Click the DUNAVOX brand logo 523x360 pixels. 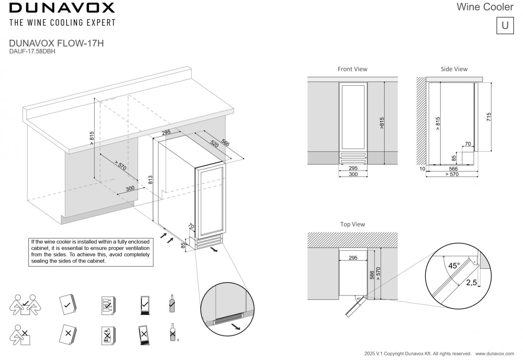[x=62, y=8]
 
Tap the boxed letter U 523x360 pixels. [x=505, y=25]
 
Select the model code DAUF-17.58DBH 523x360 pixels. [x=32, y=51]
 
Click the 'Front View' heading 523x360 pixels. [x=352, y=69]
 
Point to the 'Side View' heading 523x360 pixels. [x=454, y=69]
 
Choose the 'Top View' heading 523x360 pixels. [x=352, y=224]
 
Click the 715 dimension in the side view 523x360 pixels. [x=488, y=117]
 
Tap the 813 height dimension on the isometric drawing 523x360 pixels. [x=150, y=180]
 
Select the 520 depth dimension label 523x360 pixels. [x=214, y=144]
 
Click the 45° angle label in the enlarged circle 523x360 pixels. [x=454, y=266]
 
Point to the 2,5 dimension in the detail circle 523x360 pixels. [x=471, y=283]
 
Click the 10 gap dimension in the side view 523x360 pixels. [x=422, y=169]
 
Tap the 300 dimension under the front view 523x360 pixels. [x=353, y=174]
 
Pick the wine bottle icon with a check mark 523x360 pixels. [x=172, y=303]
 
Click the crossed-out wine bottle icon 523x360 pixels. [x=173, y=333]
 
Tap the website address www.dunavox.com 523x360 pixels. [x=495, y=354]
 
